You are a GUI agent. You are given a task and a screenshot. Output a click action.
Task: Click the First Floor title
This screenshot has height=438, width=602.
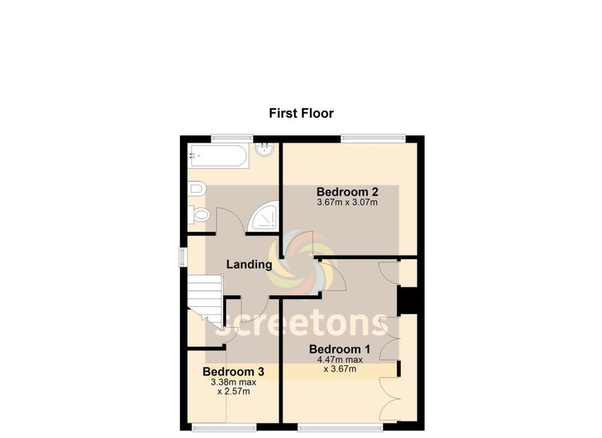(x=301, y=113)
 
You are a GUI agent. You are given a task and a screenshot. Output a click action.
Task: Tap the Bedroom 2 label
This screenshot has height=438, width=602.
(x=347, y=192)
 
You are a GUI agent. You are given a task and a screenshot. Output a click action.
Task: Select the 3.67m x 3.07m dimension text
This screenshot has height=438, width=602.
(x=347, y=202)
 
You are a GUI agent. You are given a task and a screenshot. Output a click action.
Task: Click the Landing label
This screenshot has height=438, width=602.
(x=249, y=265)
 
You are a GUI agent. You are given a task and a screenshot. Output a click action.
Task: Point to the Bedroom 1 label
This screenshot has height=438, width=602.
(x=340, y=349)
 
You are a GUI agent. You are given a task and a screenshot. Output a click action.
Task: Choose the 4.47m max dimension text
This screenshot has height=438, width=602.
(x=340, y=360)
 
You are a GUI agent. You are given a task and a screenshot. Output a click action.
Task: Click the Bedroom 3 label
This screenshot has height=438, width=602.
(x=233, y=372)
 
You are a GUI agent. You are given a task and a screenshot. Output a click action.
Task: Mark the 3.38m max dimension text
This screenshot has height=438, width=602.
(x=233, y=382)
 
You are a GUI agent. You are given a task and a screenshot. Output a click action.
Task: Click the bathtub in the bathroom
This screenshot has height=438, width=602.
(x=219, y=156)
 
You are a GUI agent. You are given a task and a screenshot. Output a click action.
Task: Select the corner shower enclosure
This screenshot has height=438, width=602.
(x=263, y=216)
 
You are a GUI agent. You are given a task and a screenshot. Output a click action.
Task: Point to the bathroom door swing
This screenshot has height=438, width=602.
(x=230, y=220)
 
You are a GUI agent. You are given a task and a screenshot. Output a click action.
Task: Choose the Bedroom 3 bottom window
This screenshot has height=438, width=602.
(x=224, y=427)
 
